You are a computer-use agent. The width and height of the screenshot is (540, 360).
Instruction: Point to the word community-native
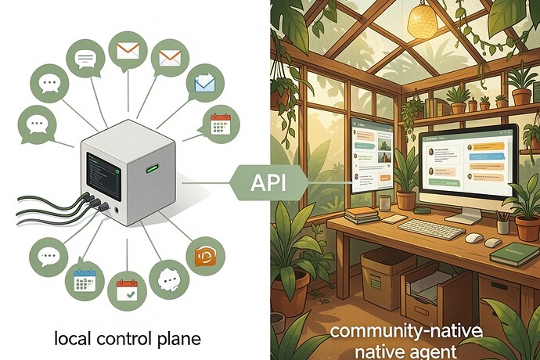406,331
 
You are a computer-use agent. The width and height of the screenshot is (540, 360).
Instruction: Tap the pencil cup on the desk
502,223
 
